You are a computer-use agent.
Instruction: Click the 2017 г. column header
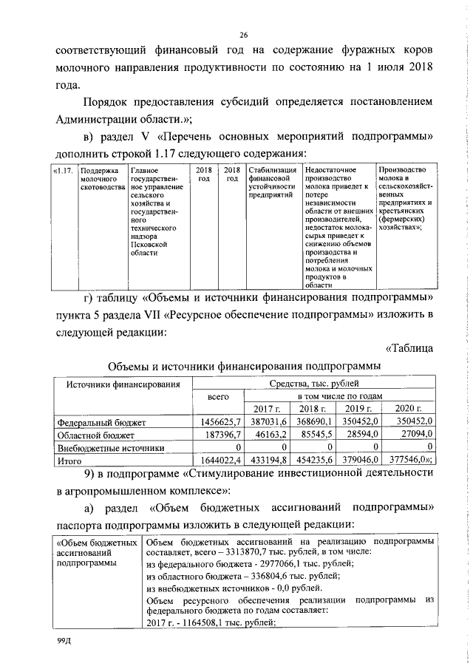tap(267, 410)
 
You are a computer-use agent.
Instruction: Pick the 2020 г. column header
tap(407, 410)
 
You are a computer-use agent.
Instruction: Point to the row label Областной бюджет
tap(90, 435)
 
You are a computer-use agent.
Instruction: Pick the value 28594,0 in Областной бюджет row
tap(361, 435)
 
